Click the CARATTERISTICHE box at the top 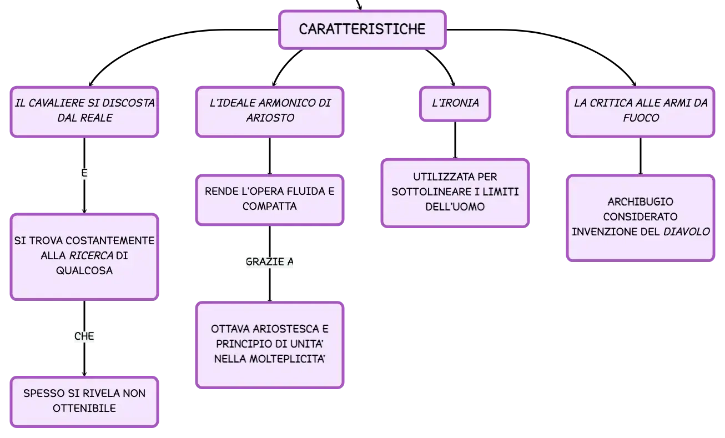pos(363,29)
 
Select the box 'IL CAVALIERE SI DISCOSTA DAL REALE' pos(84,112)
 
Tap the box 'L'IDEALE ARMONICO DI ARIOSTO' pos(270,112)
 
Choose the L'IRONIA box pos(455,104)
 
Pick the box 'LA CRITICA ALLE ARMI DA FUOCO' pos(641,112)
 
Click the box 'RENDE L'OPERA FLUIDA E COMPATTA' pos(270,200)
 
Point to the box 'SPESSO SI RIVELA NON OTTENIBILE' pos(84,401)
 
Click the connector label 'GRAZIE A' pos(270,261)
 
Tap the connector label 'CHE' pos(84,336)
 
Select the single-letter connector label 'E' pos(84,173)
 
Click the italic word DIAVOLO pos(687,231)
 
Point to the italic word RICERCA pos(91,255)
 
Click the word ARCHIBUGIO pos(641,202)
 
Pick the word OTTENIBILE pos(84,408)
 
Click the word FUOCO pos(641,118)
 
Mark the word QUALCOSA pos(84,270)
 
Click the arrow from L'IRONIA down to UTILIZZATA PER pos(455,140)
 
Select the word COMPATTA pos(270,206)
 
